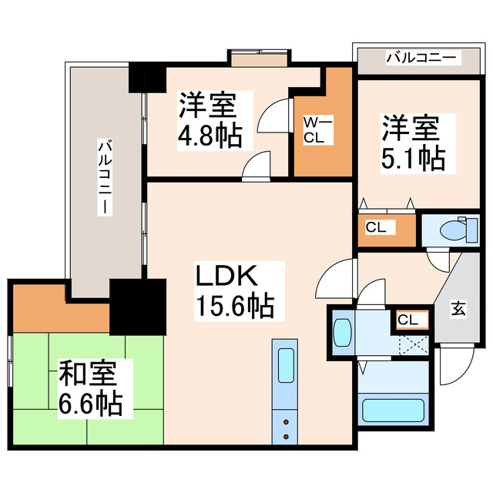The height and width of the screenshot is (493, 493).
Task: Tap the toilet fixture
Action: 455,230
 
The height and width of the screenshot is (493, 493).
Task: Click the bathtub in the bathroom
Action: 394,409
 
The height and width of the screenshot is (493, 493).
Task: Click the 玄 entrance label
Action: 458,310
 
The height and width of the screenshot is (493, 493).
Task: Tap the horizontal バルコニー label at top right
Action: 421,57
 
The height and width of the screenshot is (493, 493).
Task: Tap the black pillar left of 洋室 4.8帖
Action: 146,77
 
